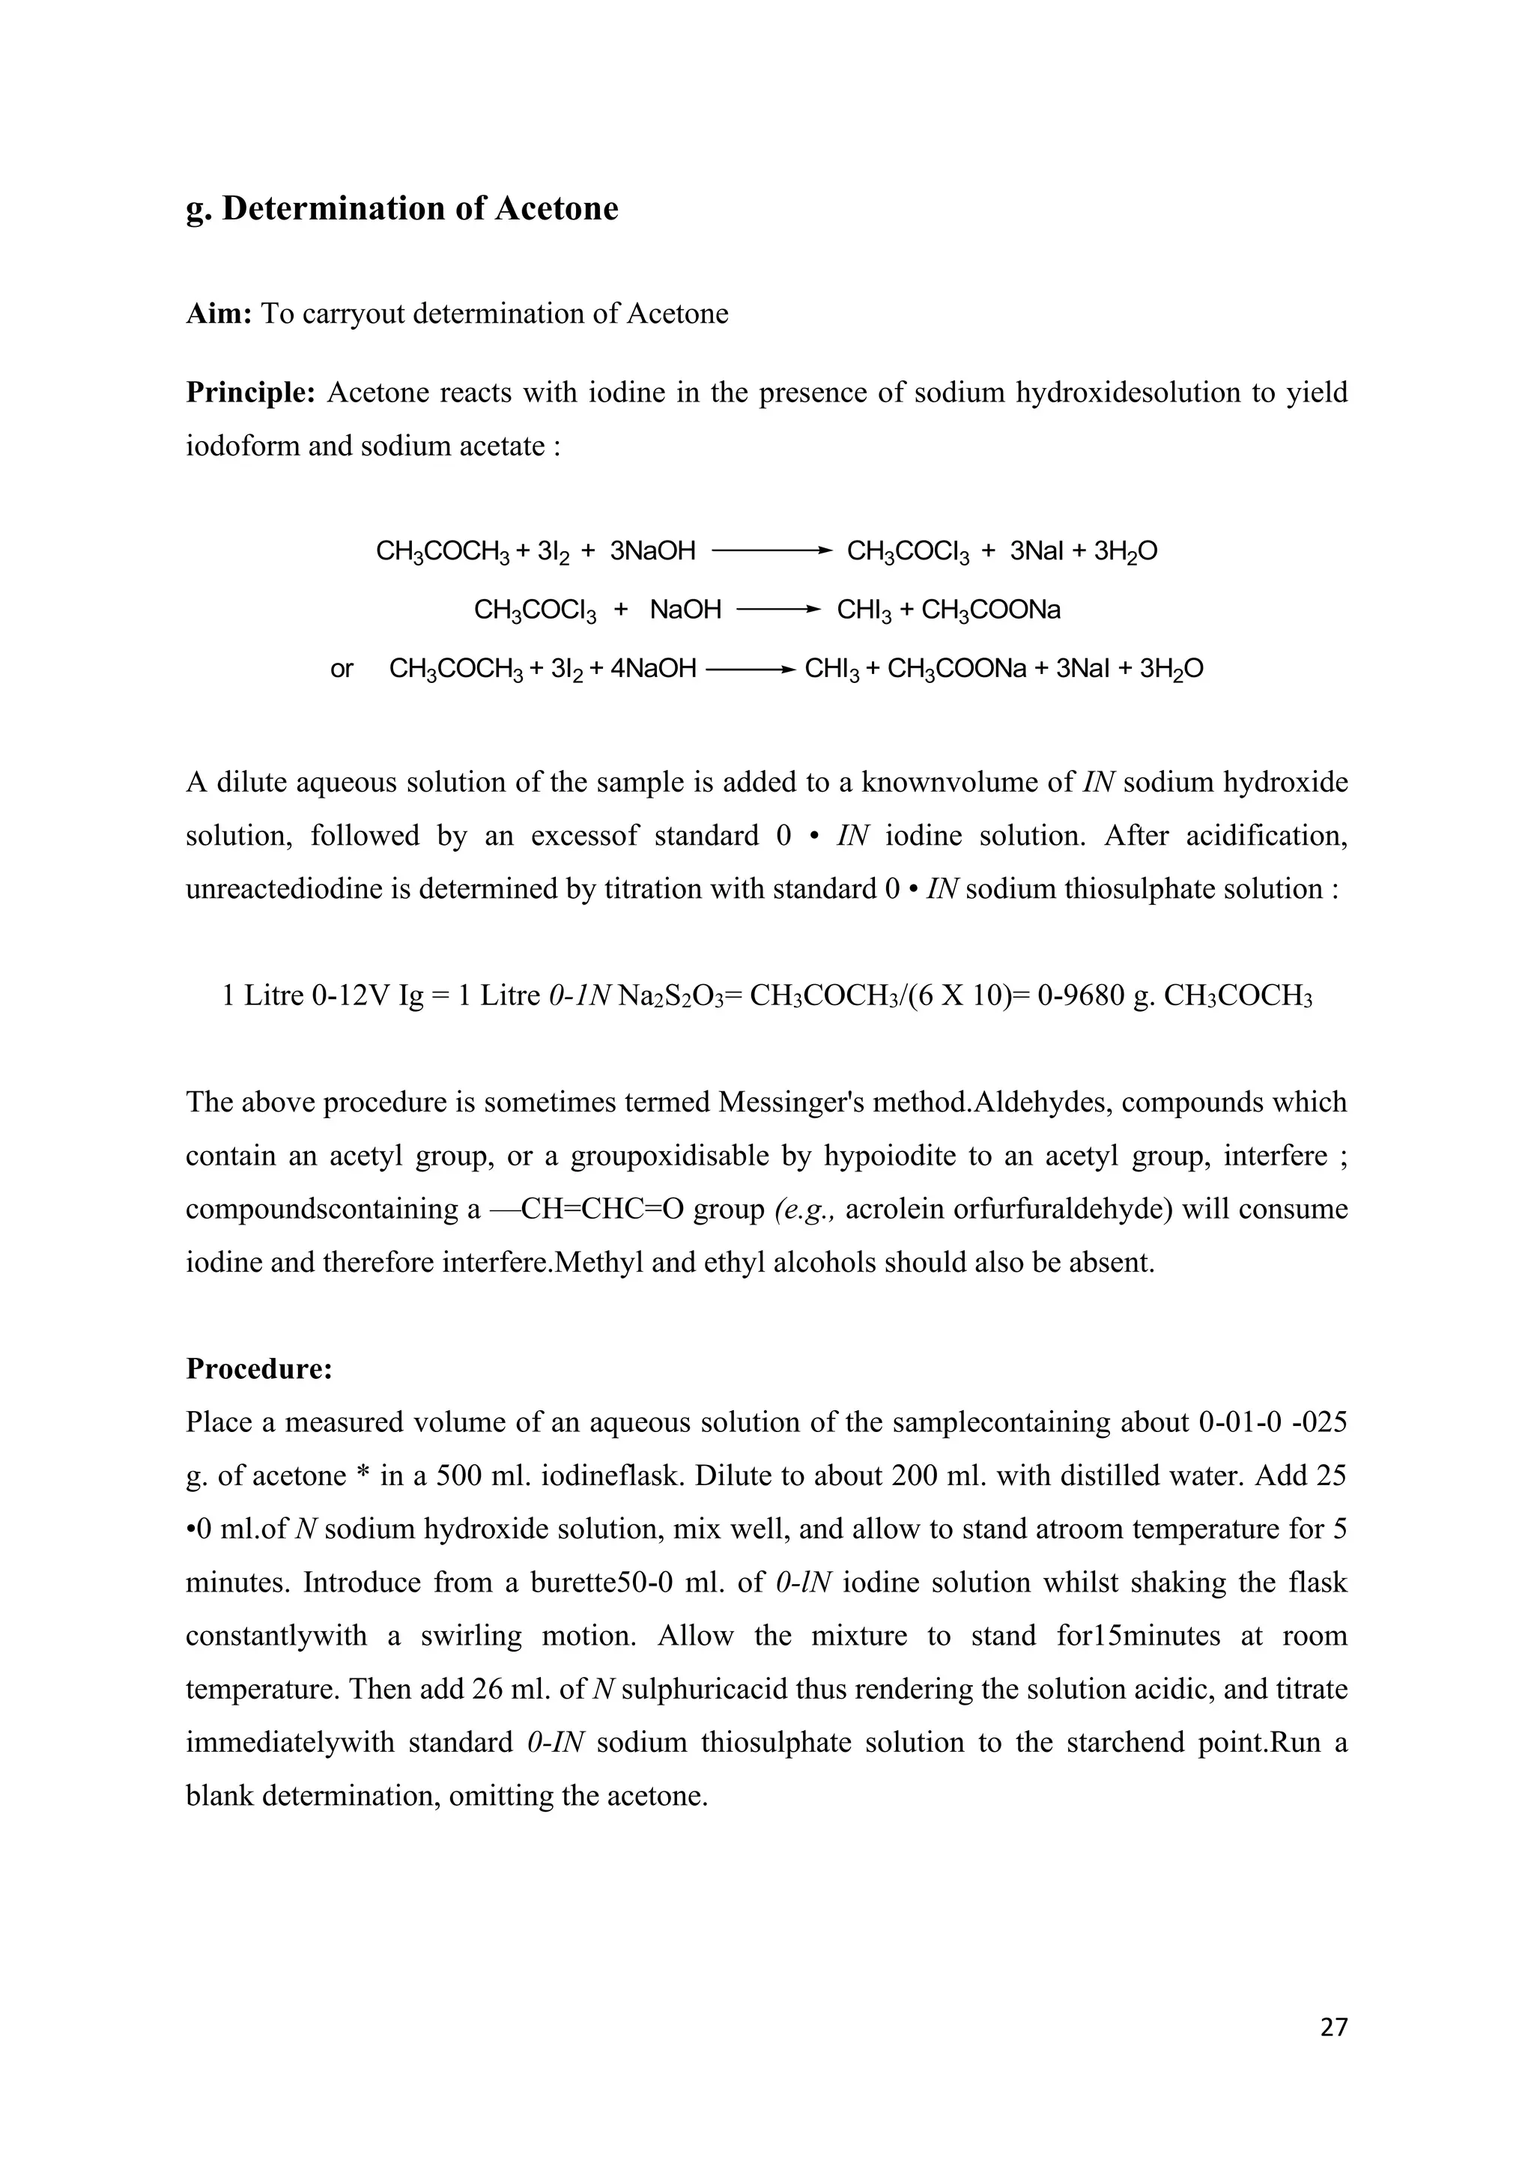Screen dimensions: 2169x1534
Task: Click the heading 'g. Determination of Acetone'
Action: [401, 209]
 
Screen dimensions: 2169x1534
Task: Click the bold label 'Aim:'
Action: [218, 314]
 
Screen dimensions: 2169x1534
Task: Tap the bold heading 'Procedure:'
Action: [259, 1369]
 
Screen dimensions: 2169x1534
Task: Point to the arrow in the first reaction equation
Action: [771, 550]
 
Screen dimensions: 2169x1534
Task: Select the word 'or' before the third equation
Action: [342, 670]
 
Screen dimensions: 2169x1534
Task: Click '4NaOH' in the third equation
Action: [652, 670]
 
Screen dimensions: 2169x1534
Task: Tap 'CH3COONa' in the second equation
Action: [990, 610]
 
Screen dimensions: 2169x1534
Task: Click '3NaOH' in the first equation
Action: [652, 550]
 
